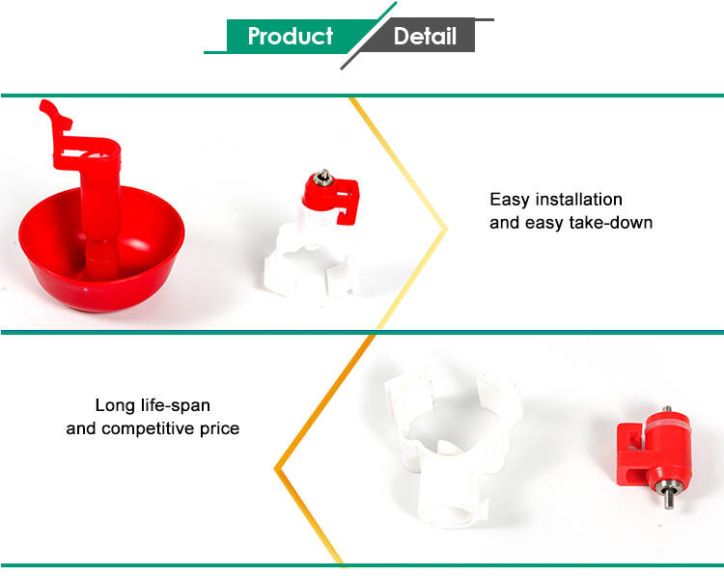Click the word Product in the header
(290, 36)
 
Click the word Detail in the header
(425, 36)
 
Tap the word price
(219, 429)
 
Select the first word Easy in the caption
(510, 200)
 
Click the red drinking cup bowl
(101, 259)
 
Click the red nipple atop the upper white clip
(330, 197)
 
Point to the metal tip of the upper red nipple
(322, 176)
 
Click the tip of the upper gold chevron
(447, 229)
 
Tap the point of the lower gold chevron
(276, 469)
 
